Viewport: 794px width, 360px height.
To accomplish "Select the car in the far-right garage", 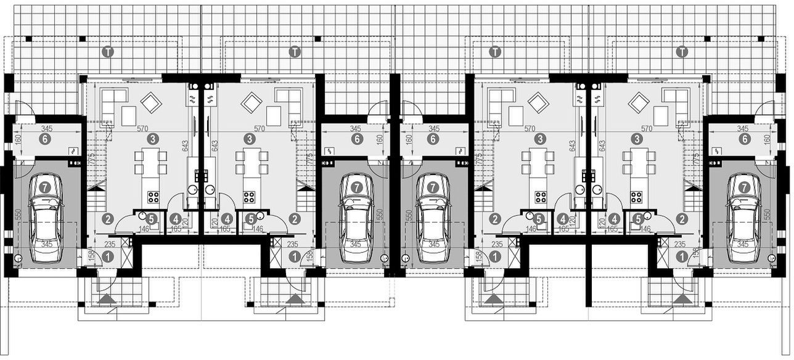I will pos(745,219).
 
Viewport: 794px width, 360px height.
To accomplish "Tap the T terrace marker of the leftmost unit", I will pos(108,52).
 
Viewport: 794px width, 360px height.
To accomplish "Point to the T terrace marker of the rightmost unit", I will pos(682,52).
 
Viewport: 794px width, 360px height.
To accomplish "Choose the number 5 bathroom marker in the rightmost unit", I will pos(639,218).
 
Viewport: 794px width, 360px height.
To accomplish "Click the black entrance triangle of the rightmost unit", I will pos(682,299).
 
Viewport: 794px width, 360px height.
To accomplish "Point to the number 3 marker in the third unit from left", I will pos(541,139).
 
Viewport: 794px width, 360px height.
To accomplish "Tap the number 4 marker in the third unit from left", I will pos(562,218).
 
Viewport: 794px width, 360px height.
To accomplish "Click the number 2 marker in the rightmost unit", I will pos(682,218).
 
